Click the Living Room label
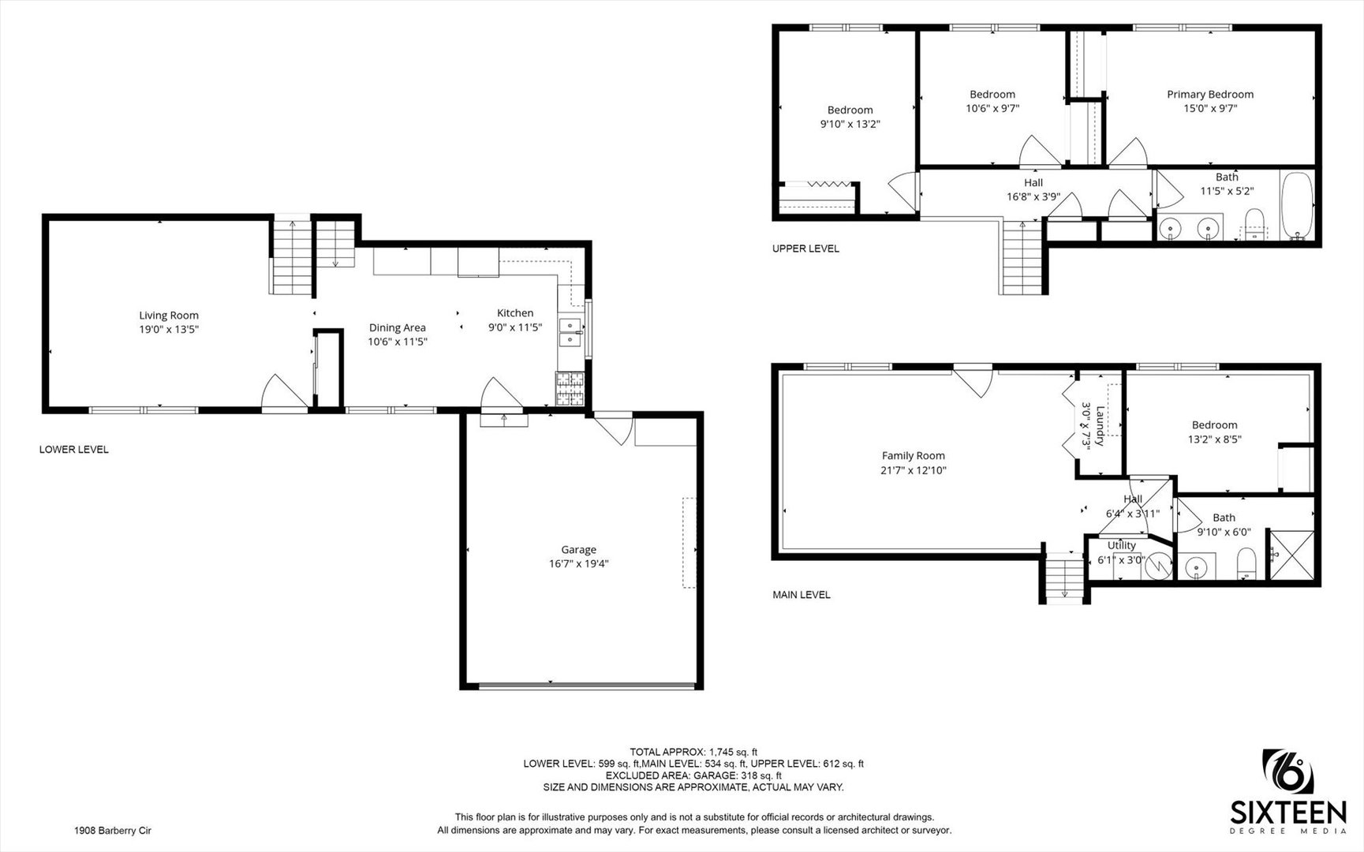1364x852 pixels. click(169, 316)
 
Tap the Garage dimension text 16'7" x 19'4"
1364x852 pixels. click(578, 564)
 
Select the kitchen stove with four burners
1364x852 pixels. click(570, 389)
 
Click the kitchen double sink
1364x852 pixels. click(569, 332)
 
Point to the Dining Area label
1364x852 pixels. click(397, 327)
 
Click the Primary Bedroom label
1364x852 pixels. click(1209, 95)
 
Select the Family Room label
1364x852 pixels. click(913, 456)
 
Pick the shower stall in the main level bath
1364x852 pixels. click(1291, 556)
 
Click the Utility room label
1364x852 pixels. click(1121, 545)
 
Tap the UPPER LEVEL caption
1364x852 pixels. click(805, 248)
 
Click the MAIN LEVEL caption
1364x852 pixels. click(801, 595)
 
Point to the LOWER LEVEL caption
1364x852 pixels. click(74, 450)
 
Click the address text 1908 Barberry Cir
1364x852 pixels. click(112, 831)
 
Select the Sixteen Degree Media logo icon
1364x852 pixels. click(1288, 772)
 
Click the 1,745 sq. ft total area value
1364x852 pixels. click(733, 752)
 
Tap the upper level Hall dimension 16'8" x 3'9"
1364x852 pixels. click(1033, 197)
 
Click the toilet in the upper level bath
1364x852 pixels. click(1253, 224)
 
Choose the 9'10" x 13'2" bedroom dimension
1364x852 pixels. click(850, 124)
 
